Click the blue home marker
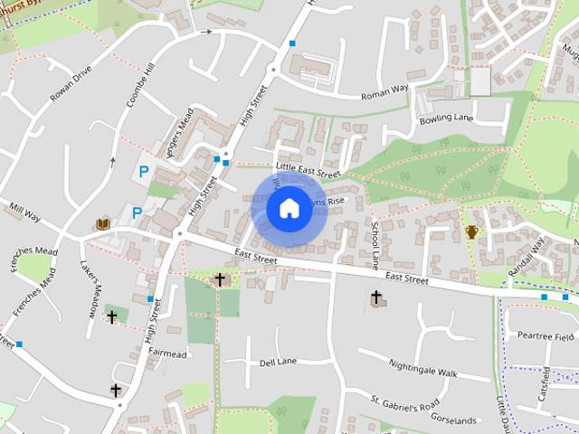click(288, 209)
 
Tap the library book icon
click(103, 222)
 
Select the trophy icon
click(471, 232)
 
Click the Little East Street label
click(308, 169)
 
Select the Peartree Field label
click(546, 336)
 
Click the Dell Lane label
click(278, 362)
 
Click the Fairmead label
click(167, 353)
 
